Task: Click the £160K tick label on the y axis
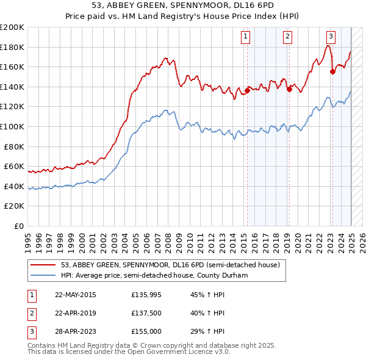(12, 67)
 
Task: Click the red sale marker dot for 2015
(247, 91)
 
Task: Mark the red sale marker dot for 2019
(289, 89)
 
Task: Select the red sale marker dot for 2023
(332, 72)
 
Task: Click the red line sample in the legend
(43, 265)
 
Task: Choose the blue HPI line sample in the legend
(43, 275)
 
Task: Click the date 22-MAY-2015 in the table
(76, 295)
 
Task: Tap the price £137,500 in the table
(146, 313)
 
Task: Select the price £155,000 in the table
(146, 331)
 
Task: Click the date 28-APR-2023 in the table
(76, 331)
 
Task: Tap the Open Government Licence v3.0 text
(178, 352)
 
